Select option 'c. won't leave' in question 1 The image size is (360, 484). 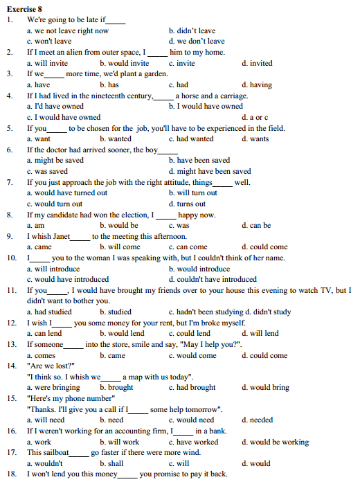pos(48,42)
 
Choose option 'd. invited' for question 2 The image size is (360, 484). pos(257,63)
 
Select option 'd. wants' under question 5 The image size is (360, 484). pos(255,138)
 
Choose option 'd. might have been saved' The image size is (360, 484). pos(210,171)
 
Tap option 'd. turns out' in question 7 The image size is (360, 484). pos(187,204)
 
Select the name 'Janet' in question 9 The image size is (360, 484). pos(58,236)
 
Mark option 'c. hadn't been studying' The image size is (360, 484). pos(203,312)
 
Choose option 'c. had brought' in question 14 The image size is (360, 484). pos(192,387)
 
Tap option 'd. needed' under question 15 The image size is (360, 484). pos(257,420)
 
